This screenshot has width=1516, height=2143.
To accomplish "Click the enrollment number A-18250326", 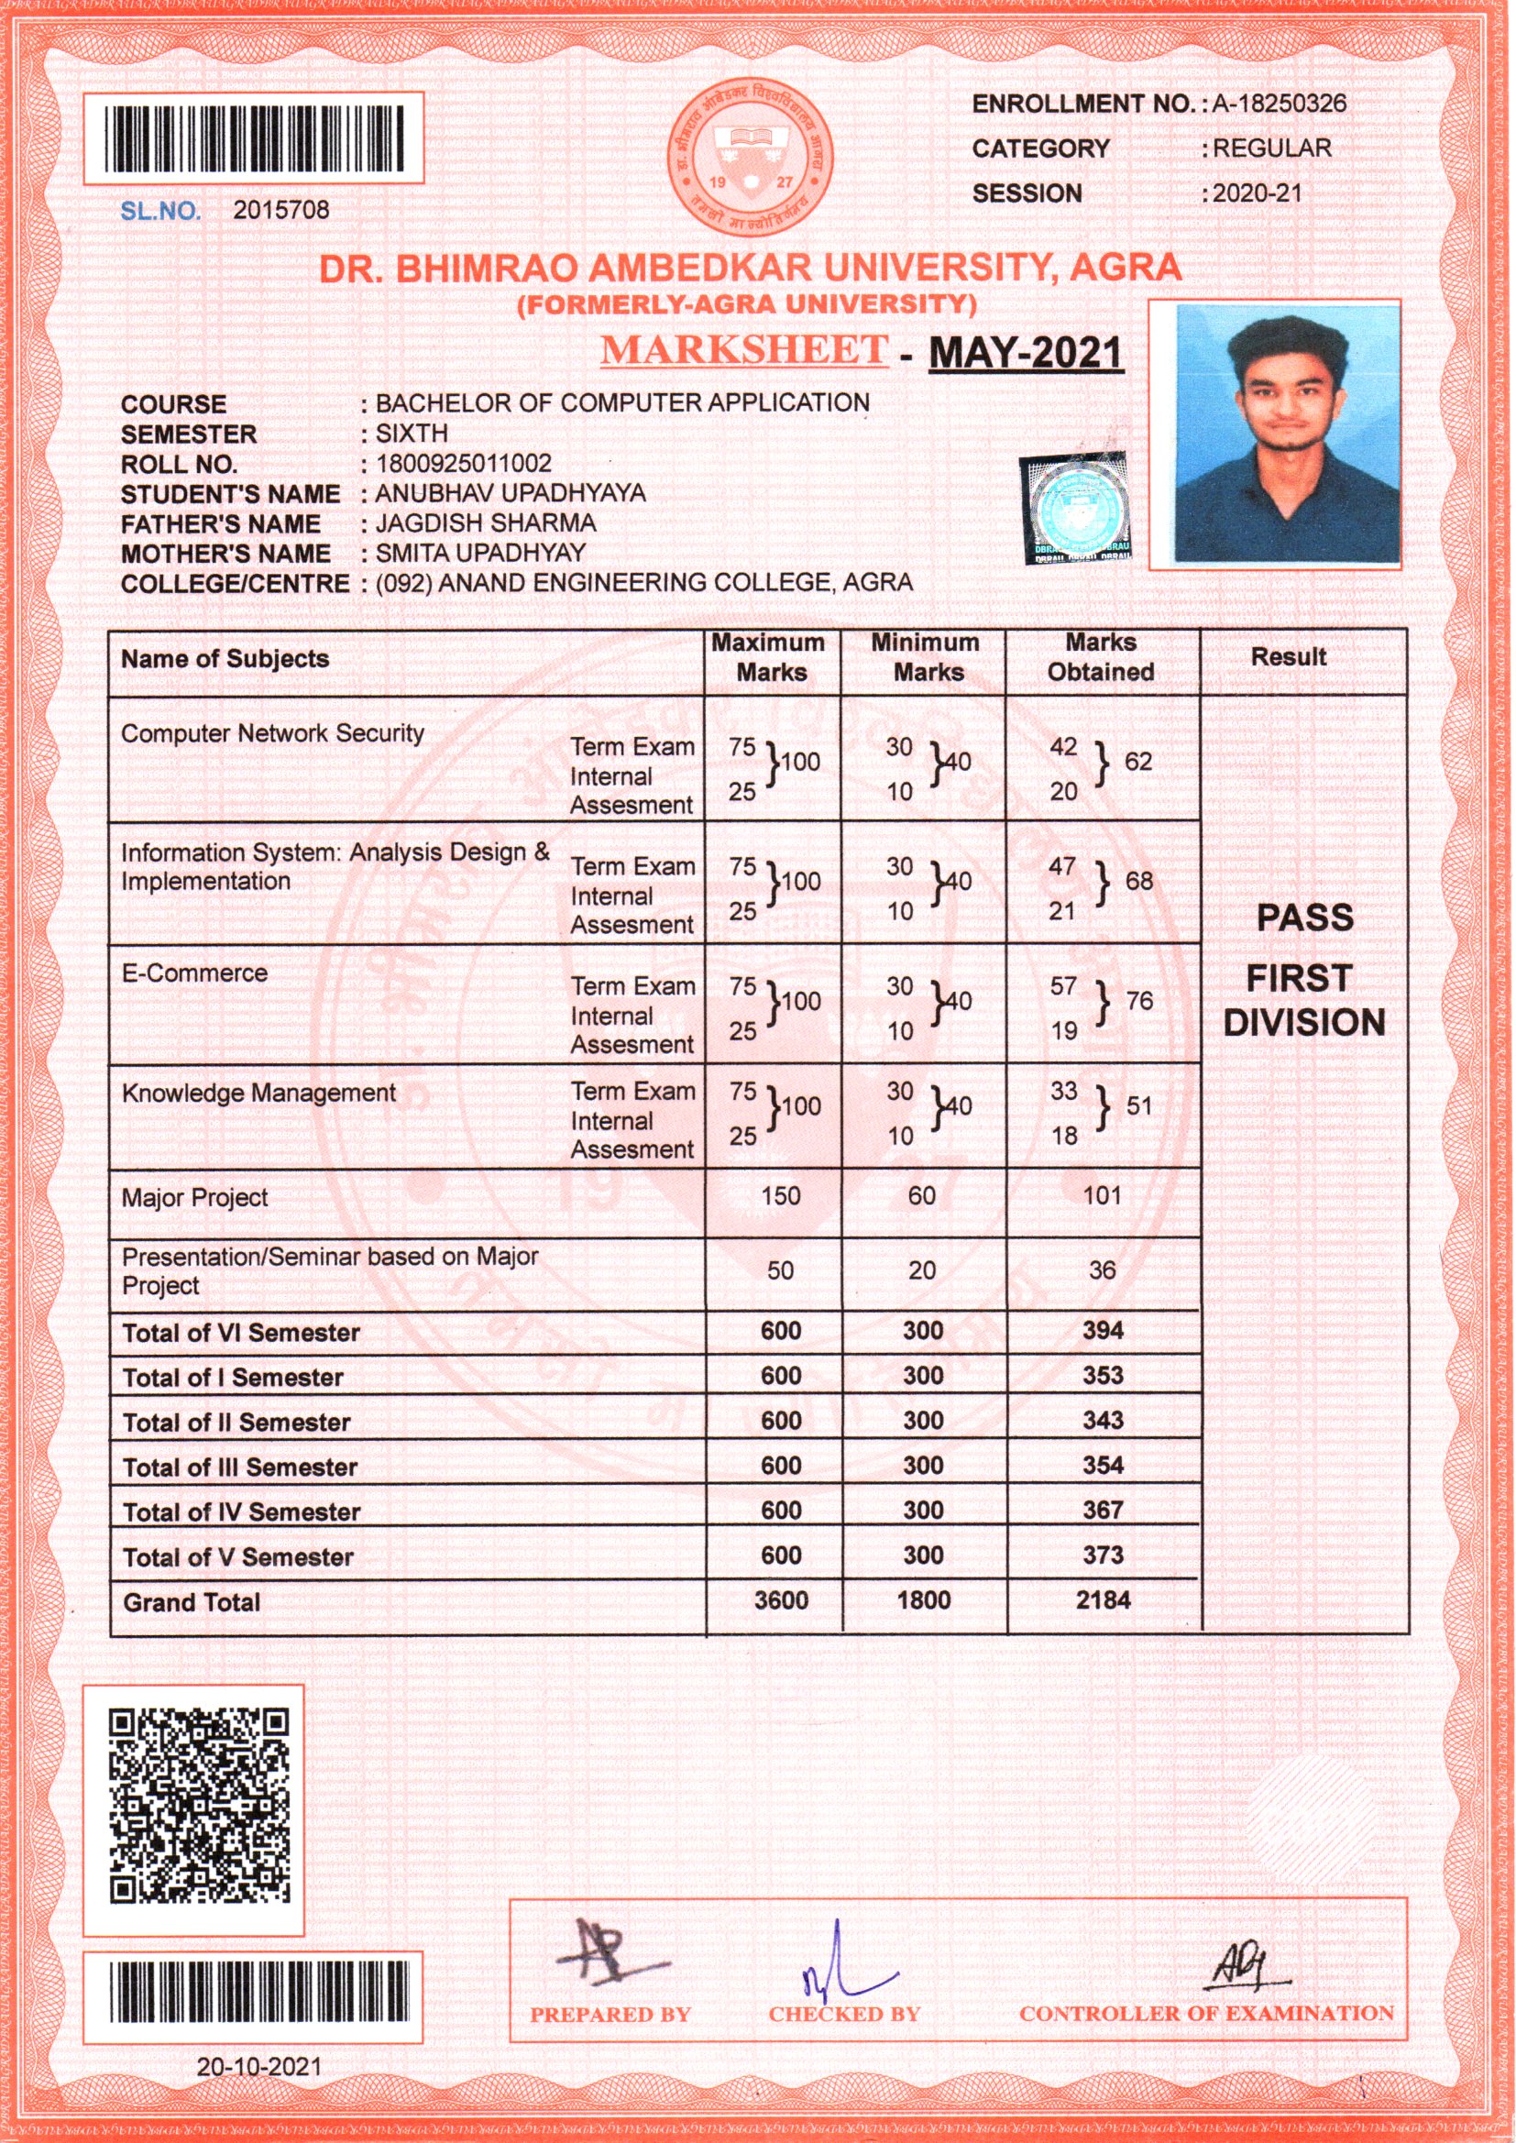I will pyautogui.click(x=1279, y=104).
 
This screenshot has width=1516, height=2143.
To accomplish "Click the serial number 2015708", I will pyautogui.click(x=281, y=210).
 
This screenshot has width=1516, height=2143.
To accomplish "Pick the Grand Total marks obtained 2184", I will pyautogui.click(x=1103, y=1600).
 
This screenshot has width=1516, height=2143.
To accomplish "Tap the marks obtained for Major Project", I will pyautogui.click(x=1102, y=1195).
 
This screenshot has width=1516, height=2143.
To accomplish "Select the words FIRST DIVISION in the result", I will pyautogui.click(x=1303, y=1001).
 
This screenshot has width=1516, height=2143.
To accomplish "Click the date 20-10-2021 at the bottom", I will pyautogui.click(x=258, y=2092).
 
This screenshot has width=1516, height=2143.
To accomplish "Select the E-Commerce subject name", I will pyautogui.click(x=194, y=973).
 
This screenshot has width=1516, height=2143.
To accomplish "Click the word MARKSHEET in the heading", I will pyautogui.click(x=743, y=349).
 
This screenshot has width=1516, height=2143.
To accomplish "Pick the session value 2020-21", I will pyautogui.click(x=1257, y=194).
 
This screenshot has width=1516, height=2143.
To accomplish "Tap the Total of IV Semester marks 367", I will pyautogui.click(x=1103, y=1511).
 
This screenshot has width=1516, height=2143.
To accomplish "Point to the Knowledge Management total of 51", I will pyautogui.click(x=1139, y=1107).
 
